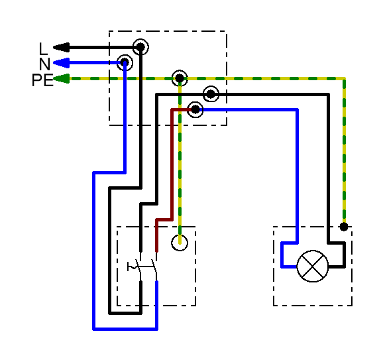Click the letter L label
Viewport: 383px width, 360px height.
43,48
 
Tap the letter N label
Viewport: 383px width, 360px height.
44,64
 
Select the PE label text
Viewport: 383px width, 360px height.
42,80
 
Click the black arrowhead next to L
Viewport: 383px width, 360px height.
62,48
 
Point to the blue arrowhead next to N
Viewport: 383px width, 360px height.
62,63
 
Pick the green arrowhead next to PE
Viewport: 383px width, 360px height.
62,79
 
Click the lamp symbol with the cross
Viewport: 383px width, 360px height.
313,266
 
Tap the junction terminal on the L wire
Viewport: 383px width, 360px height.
140,46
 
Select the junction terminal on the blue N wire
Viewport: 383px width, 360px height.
125,62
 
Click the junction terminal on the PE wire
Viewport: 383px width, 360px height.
180,78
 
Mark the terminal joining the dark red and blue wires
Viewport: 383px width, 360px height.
195,109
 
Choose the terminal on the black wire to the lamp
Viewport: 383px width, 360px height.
211,94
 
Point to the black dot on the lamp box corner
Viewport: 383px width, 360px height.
344,227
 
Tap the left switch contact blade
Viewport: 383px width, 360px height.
138,268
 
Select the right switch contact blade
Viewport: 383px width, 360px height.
154,268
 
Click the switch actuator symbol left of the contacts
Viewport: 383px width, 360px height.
131,267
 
